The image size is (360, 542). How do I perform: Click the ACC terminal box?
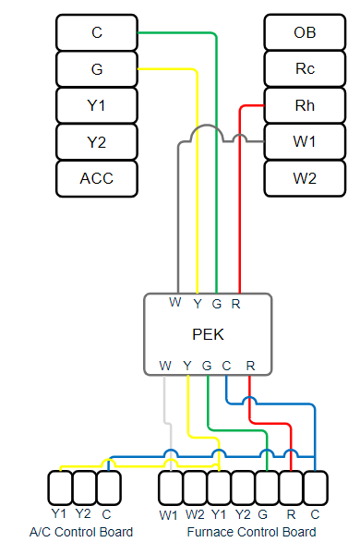pyautogui.click(x=97, y=178)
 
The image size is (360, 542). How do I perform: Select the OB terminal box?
pyautogui.click(x=305, y=32)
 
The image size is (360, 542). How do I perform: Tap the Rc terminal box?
pyautogui.click(x=305, y=68)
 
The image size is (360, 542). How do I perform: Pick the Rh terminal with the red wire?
pyautogui.click(x=305, y=105)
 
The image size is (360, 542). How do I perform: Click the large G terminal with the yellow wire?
pyautogui.click(x=97, y=68)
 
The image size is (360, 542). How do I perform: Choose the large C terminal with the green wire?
pyautogui.click(x=97, y=32)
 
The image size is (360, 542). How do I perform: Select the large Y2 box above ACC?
pyautogui.click(x=97, y=141)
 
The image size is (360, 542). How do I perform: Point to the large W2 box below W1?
pyautogui.click(x=305, y=178)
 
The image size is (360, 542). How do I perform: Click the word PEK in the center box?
pyautogui.click(x=207, y=333)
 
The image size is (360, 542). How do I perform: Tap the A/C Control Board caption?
pyautogui.click(x=81, y=532)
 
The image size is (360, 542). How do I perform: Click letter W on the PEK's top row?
pyautogui.click(x=174, y=303)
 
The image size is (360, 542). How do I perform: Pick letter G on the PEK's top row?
pyautogui.click(x=216, y=303)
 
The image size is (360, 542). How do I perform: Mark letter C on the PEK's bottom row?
pyautogui.click(x=226, y=366)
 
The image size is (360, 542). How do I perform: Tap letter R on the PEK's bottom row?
pyautogui.click(x=250, y=366)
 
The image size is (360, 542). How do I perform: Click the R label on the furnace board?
pyautogui.click(x=292, y=514)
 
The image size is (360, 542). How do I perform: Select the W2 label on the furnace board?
pyautogui.click(x=195, y=514)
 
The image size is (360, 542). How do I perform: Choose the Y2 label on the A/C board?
pyautogui.click(x=84, y=514)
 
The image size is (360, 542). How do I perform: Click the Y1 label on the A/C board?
pyautogui.click(x=60, y=514)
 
